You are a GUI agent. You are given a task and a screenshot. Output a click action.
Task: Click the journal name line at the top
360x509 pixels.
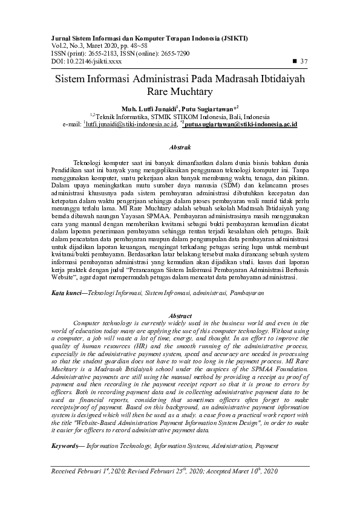(x=146, y=38)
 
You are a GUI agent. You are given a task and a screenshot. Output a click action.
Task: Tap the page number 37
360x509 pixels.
(x=304, y=61)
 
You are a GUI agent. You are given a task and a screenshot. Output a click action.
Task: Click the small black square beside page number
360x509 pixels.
(x=295, y=61)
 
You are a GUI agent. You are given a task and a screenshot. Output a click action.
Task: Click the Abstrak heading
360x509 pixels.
(x=180, y=147)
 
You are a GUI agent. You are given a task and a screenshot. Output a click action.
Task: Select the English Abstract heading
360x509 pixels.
(x=180, y=316)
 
